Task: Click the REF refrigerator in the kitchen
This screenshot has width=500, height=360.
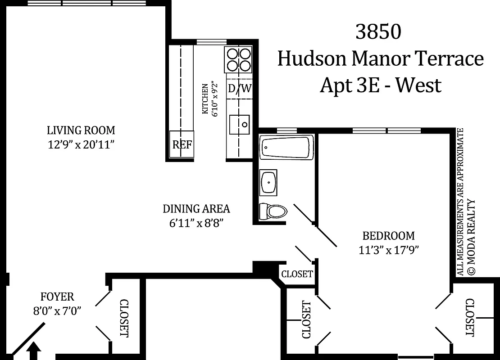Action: tap(182, 144)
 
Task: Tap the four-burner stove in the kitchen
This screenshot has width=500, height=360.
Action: tap(239, 60)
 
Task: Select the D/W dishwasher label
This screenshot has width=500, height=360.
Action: tap(239, 88)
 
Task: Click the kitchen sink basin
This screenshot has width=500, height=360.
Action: tap(239, 125)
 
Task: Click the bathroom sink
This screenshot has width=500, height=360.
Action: tap(269, 182)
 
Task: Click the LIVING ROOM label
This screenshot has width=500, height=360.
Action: tap(81, 130)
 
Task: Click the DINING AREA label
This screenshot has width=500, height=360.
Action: tap(196, 209)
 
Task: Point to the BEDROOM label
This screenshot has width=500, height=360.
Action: tap(389, 236)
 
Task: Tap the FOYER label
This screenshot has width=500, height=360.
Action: tap(57, 297)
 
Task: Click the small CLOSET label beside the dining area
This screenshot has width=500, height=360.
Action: tap(297, 274)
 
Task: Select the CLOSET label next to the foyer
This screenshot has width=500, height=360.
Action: tap(124, 318)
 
